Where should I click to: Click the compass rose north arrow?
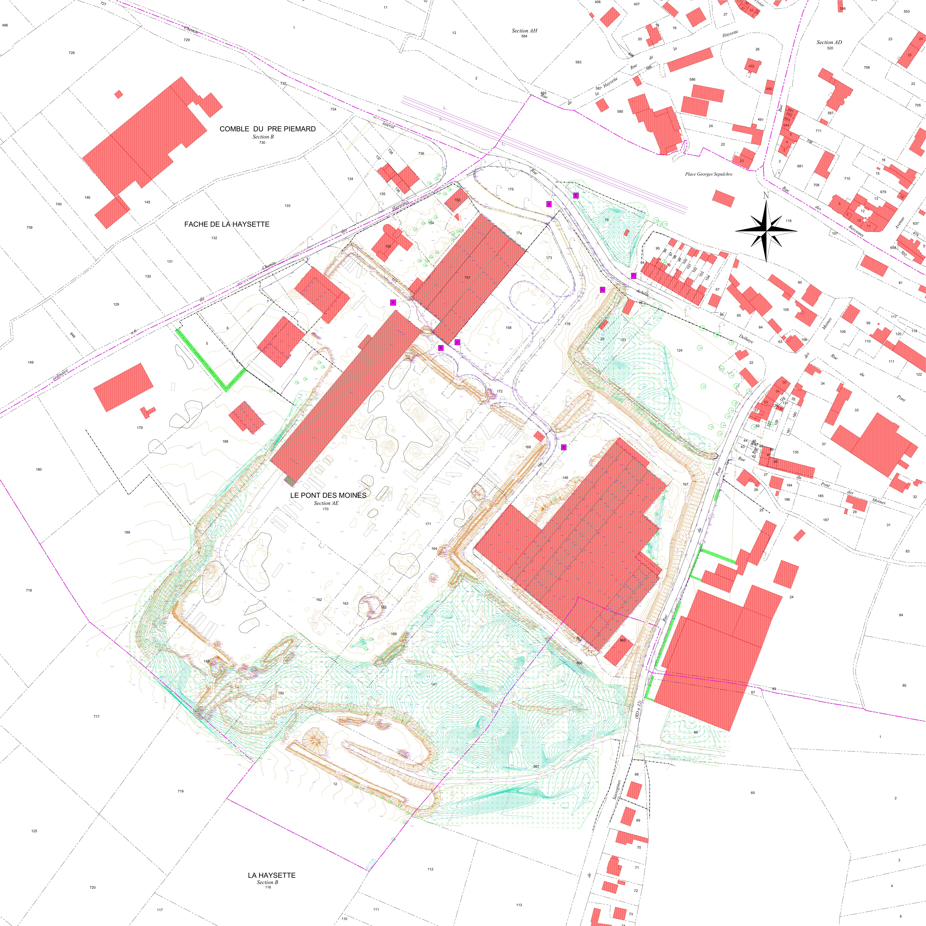[x=766, y=231]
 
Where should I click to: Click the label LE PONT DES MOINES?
[x=328, y=495]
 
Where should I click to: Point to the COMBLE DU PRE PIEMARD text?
[x=268, y=129]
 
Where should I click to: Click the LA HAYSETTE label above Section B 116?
[x=271, y=875]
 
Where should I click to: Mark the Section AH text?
[x=524, y=31]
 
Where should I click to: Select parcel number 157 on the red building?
[x=467, y=278]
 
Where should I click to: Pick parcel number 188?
[x=225, y=441]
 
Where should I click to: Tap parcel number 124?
[x=679, y=350]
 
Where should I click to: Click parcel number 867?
[x=536, y=766]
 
